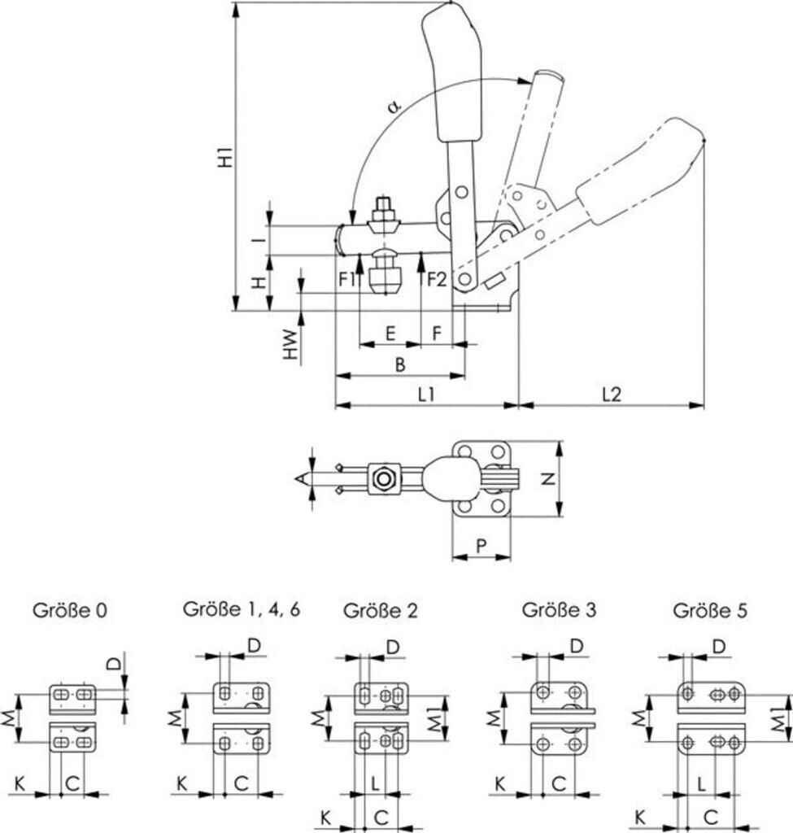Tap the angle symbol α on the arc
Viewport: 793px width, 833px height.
pos(394,106)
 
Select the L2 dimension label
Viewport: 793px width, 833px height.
pos(612,394)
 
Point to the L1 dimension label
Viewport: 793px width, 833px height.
pos(425,395)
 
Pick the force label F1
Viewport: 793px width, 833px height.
pos(347,279)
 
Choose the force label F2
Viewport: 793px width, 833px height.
pos(438,279)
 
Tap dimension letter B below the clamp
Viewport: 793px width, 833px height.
pos(399,365)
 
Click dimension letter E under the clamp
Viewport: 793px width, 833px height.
pos(390,334)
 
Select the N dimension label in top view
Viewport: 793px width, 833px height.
pos(548,480)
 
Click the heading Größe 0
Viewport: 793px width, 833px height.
pos(69,608)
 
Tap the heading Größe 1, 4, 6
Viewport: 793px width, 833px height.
pos(242,608)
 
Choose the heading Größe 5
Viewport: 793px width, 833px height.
pos(710,609)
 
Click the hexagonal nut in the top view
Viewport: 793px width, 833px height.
pos(381,479)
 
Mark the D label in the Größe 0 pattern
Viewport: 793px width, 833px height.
pos(115,661)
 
